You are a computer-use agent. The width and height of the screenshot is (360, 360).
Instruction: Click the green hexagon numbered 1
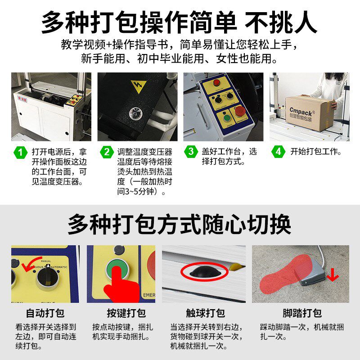pos(21,152)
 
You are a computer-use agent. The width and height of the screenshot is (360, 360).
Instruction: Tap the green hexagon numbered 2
pos(106,152)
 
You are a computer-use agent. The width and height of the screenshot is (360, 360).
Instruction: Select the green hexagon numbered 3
pos(191,152)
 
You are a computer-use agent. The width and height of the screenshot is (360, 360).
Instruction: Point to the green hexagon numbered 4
pos(278,152)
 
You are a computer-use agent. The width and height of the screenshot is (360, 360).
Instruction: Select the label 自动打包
pos(45,313)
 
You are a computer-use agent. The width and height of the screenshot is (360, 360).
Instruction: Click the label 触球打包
pos(205,313)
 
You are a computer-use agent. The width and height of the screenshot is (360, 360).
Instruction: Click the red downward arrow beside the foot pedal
pos(333,274)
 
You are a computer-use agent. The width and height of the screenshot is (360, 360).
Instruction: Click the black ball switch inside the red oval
pos(204,271)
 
